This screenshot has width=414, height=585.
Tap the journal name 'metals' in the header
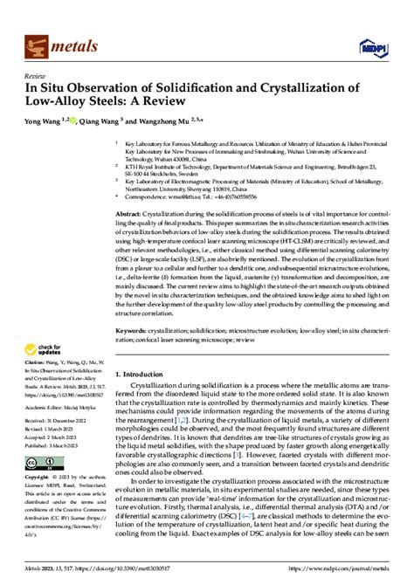coord(77,43)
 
